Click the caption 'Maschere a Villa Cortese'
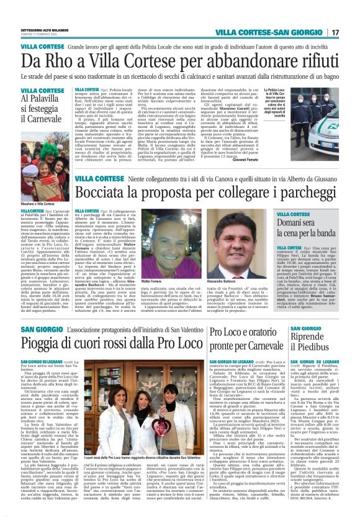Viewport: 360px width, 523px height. [x=37, y=204]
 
